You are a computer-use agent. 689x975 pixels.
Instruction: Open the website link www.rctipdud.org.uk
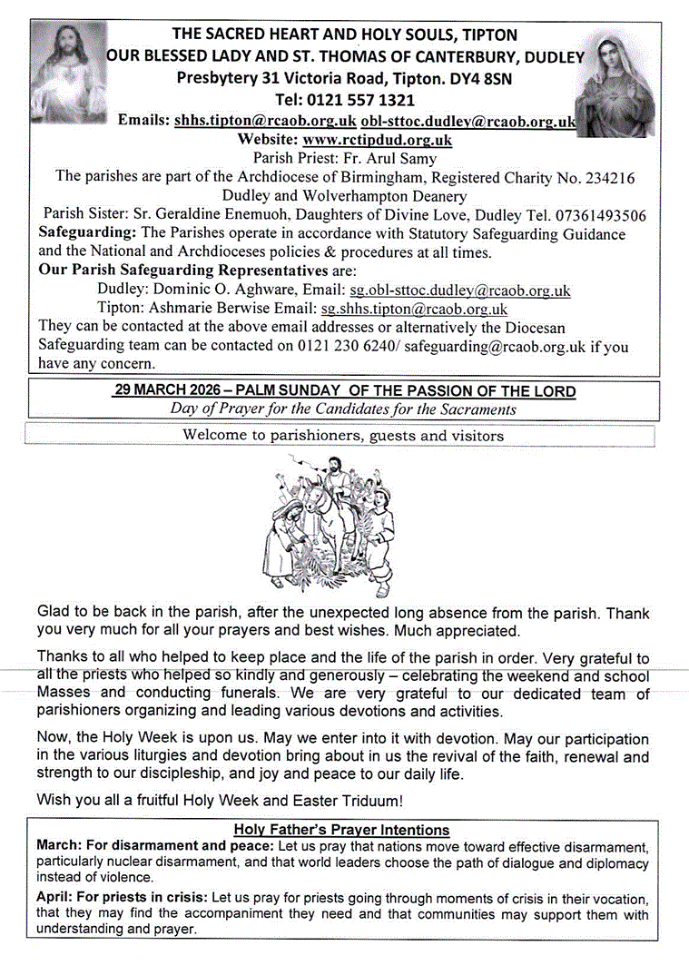tap(377, 140)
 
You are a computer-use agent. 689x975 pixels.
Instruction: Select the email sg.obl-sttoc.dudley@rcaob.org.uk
tap(460, 291)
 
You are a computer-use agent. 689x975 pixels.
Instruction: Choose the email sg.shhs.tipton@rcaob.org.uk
tap(415, 310)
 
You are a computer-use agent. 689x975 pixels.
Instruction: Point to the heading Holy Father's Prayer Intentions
tap(341, 829)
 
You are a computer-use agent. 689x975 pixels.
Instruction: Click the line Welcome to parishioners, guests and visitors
tap(342, 435)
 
